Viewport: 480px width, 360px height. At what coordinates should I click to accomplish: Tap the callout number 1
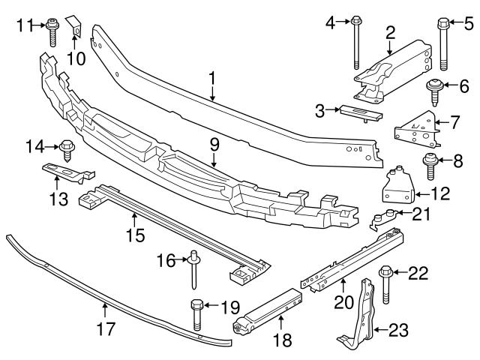tap(212, 77)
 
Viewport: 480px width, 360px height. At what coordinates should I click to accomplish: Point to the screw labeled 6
tap(434, 88)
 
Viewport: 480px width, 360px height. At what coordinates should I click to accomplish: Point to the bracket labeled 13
tap(64, 173)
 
